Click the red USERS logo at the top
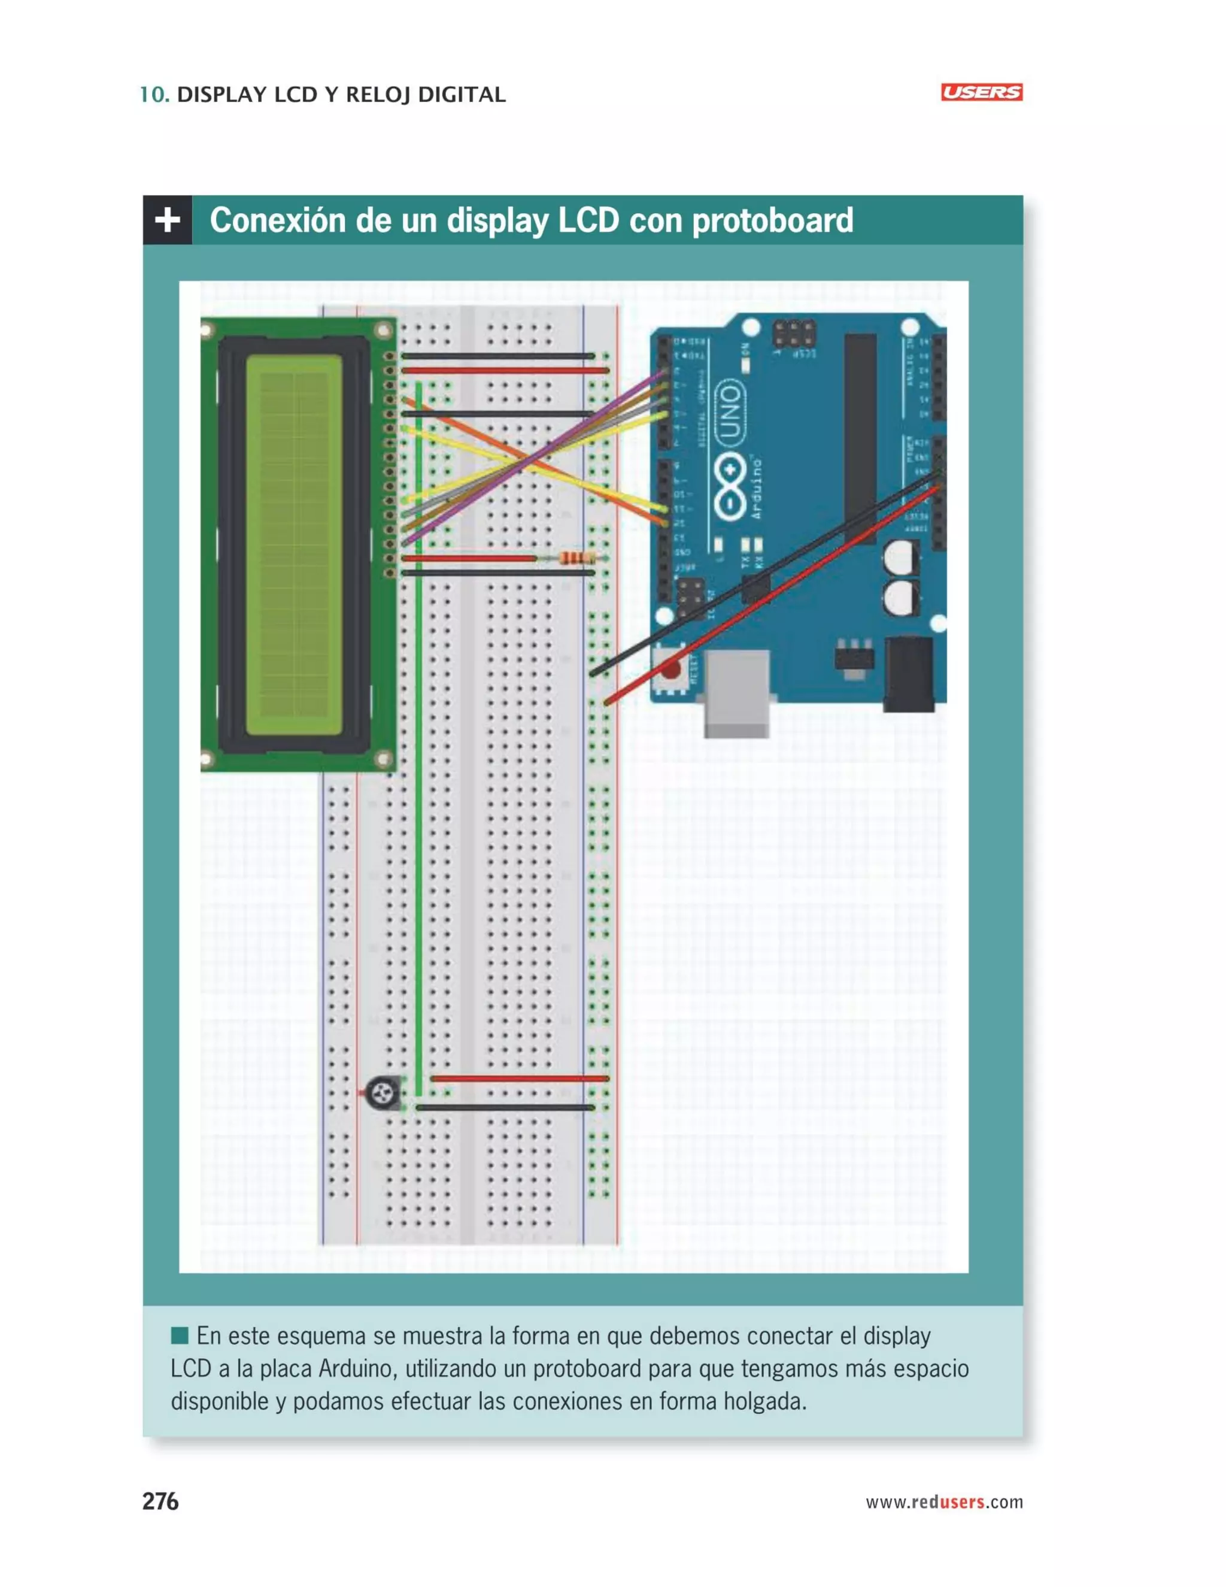point(981,92)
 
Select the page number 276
point(160,1501)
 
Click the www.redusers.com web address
point(943,1502)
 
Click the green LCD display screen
point(293,545)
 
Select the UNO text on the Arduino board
point(729,411)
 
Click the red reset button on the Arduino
point(670,667)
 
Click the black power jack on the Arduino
point(908,674)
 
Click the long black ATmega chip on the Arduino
point(860,436)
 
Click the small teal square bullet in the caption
point(180,1335)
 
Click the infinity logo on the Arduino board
point(730,487)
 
